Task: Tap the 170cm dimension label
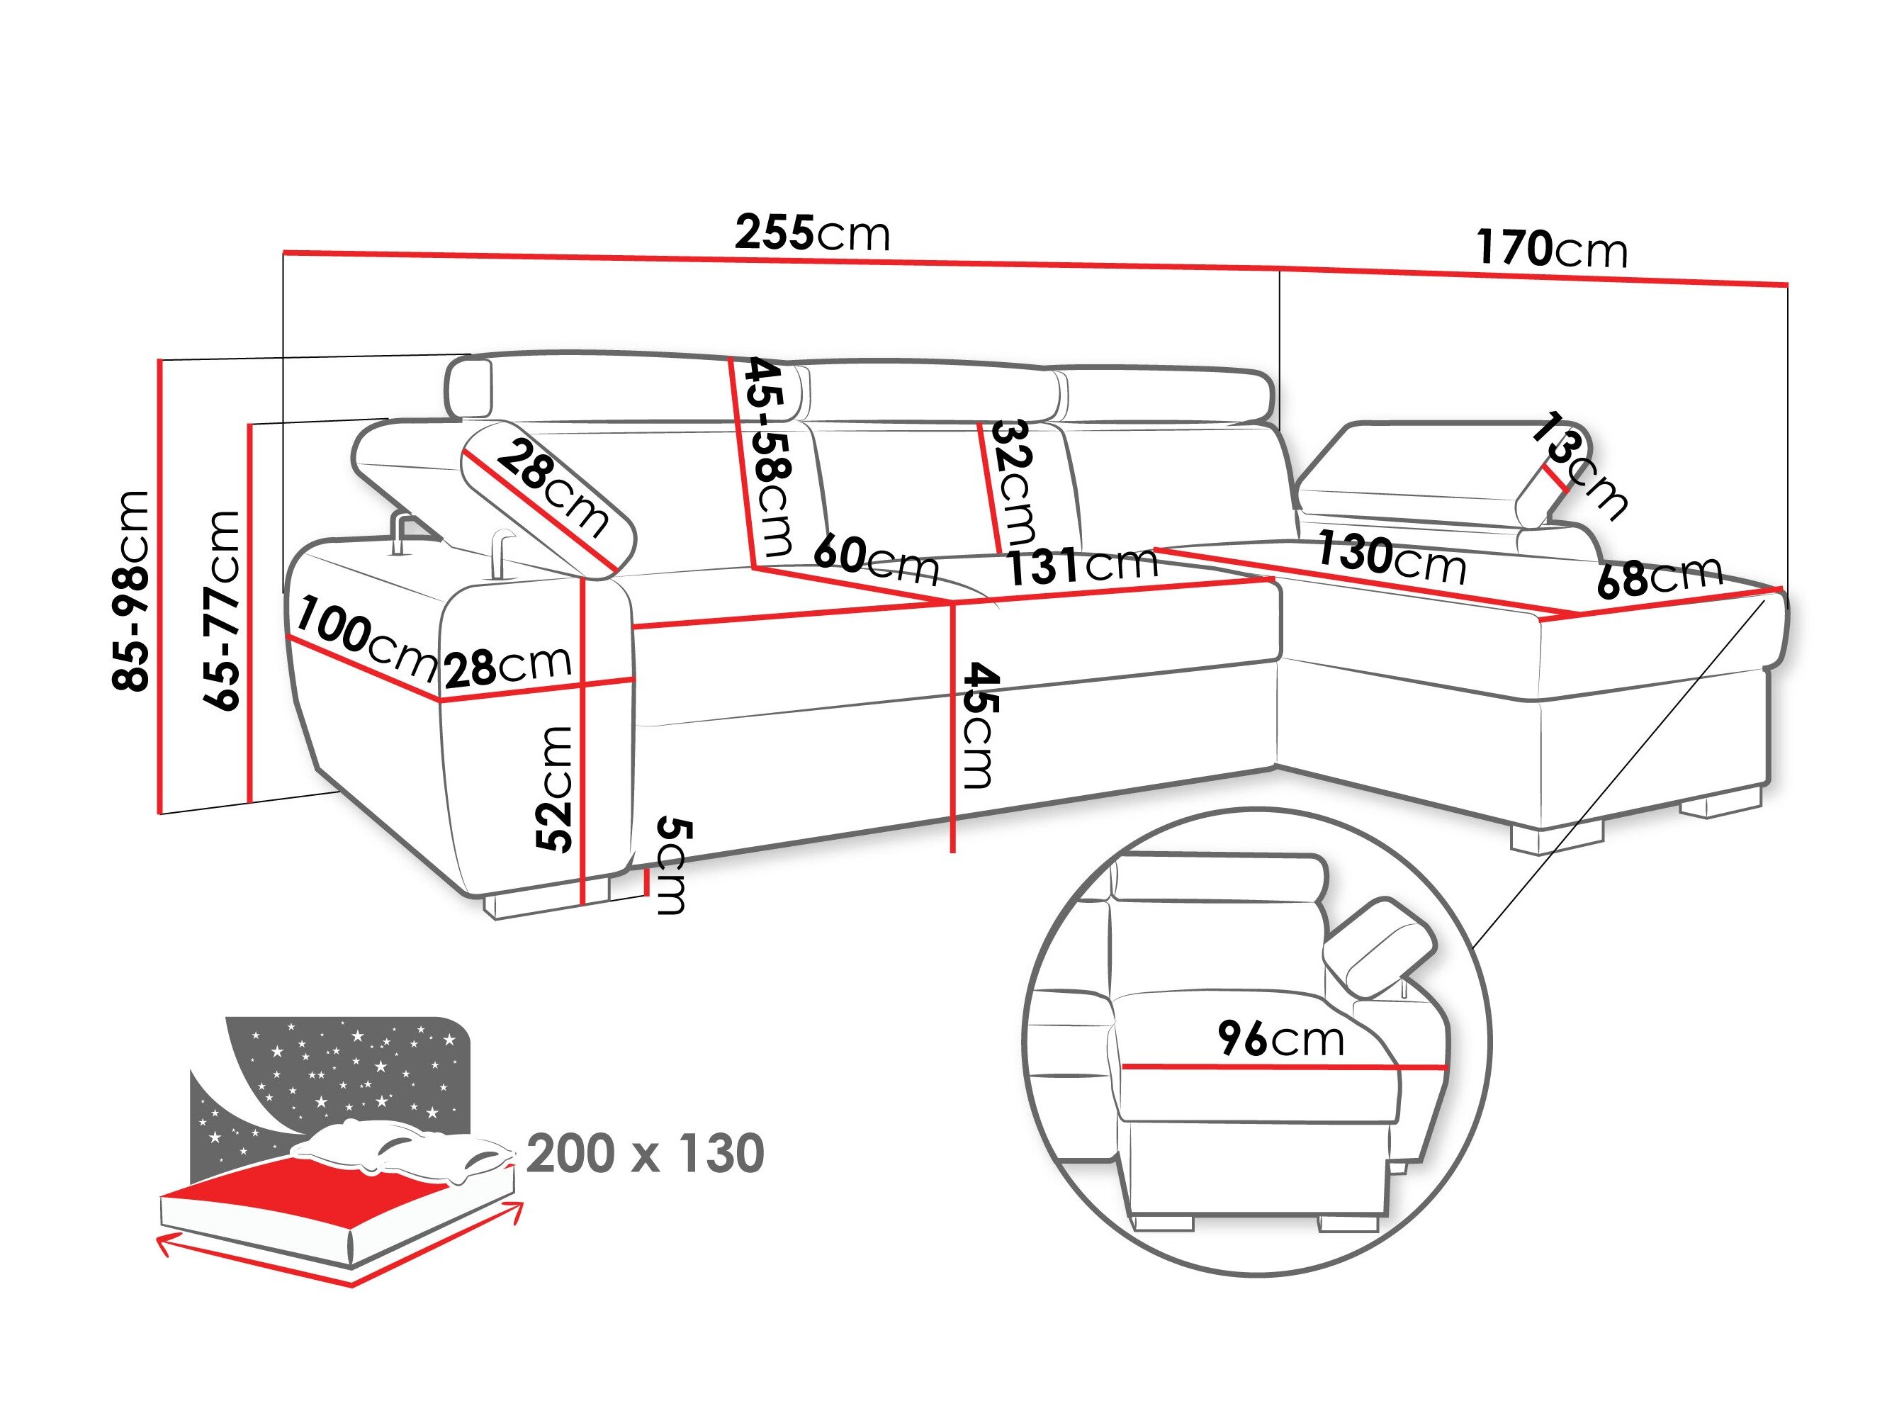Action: click(x=1551, y=249)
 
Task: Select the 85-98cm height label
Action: click(x=131, y=590)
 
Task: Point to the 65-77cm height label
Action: click(x=221, y=609)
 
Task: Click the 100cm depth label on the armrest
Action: click(x=366, y=637)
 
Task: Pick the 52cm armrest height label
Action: click(x=553, y=789)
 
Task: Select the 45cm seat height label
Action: click(x=979, y=725)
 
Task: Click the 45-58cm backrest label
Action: click(x=769, y=457)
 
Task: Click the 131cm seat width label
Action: click(x=1082, y=566)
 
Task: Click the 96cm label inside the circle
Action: click(x=1280, y=1039)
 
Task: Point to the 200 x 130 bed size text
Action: click(x=645, y=1154)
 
